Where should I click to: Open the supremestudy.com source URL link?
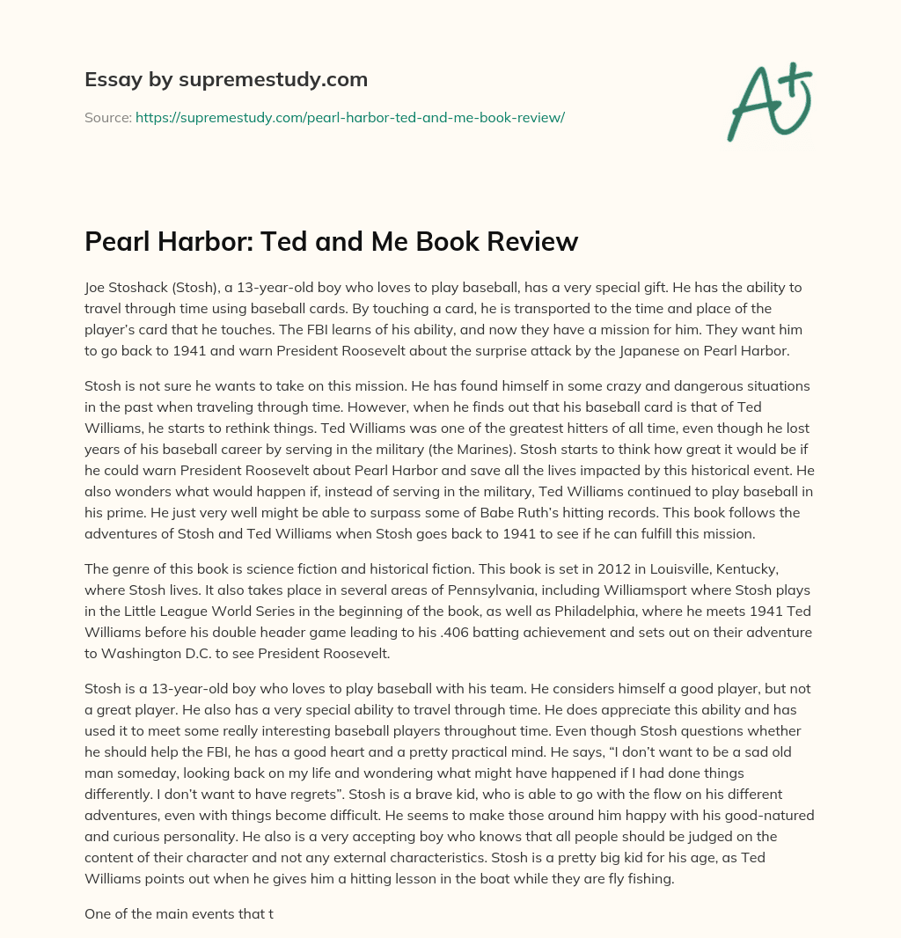point(349,117)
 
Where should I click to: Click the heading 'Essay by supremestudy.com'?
point(226,80)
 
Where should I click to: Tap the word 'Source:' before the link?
point(107,117)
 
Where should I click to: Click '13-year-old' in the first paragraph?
point(253,288)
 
